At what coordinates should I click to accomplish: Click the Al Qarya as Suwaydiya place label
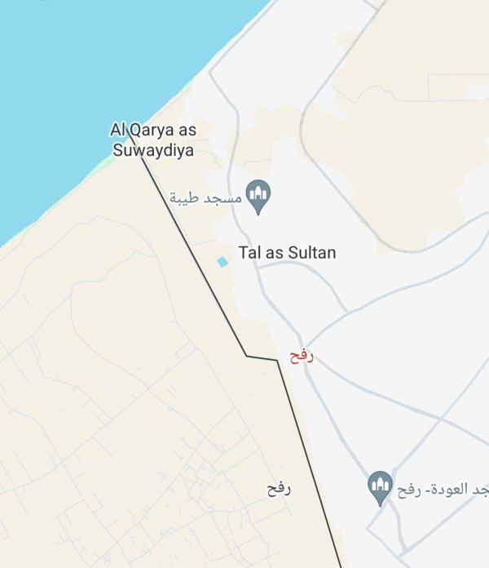pos(153,140)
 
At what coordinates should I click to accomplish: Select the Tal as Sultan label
pos(287,253)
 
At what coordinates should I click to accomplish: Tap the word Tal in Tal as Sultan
pos(249,253)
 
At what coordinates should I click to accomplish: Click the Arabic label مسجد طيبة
pos(206,198)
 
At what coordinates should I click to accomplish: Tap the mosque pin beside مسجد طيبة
pos(258,196)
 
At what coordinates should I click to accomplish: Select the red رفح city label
pos(302,356)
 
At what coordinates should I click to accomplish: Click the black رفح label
pos(279,489)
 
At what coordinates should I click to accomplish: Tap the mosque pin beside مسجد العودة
pos(378,487)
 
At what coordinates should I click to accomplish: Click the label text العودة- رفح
pos(432,490)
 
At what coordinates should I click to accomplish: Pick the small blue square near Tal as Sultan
pos(222,261)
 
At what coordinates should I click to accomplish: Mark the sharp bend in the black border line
pos(247,356)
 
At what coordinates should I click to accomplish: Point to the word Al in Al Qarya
pos(118,130)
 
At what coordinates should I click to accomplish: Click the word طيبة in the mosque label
pos(186,198)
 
